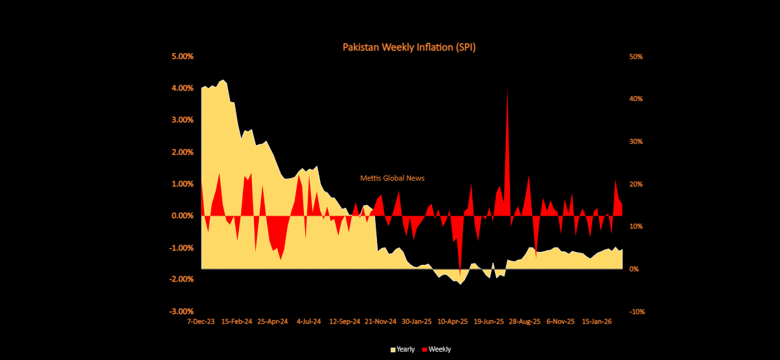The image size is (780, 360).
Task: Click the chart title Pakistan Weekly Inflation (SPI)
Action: click(409, 47)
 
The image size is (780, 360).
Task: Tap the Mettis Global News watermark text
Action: click(393, 178)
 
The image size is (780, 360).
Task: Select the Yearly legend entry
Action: click(402, 350)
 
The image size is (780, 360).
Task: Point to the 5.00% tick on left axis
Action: click(182, 56)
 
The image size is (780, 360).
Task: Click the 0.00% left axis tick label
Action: click(182, 216)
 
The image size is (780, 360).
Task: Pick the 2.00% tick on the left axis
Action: click(182, 152)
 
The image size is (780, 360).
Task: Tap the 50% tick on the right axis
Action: click(636, 56)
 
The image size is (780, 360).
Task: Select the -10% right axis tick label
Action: click(636, 311)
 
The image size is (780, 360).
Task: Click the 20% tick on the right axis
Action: click(636, 184)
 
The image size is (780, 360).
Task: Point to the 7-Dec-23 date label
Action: click(201, 321)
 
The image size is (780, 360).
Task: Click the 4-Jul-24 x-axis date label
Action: click(309, 321)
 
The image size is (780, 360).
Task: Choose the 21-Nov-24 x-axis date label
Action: click(381, 321)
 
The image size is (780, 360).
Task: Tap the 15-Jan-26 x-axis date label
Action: click(597, 321)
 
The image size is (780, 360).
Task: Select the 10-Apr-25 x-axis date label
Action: click(453, 321)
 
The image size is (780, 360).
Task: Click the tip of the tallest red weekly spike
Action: click(507, 88)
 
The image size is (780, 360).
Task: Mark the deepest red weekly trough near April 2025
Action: click(461, 276)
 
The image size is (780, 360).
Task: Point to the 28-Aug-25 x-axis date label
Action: click(525, 321)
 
